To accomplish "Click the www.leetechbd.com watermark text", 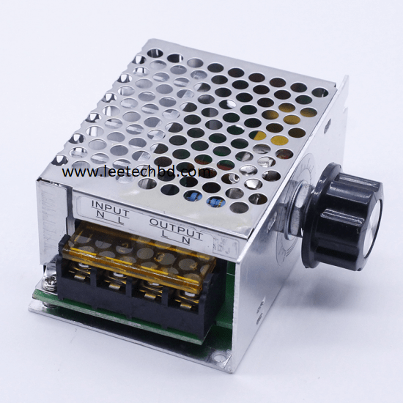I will click(x=136, y=172).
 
